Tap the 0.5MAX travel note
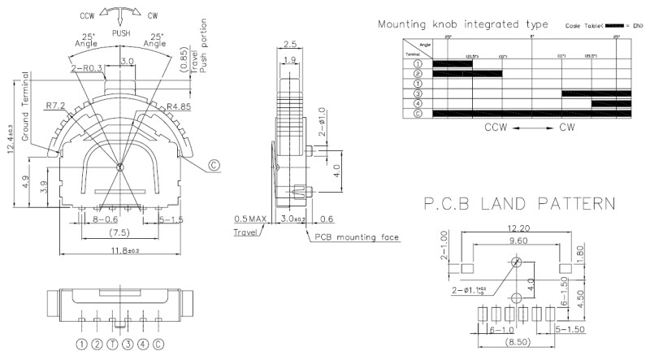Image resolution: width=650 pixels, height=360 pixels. point(251,219)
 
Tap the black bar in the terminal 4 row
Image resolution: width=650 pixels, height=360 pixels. point(608,103)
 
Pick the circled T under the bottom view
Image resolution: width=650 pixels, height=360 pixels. point(112,344)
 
